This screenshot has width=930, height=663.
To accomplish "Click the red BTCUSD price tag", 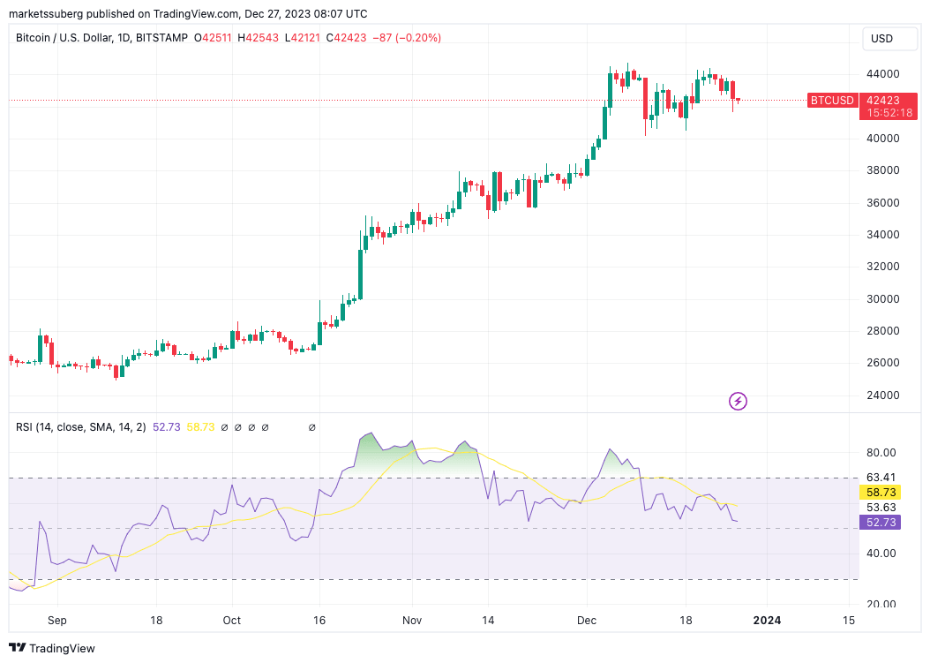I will [x=832, y=101].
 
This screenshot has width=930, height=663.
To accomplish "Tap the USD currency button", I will [x=882, y=39].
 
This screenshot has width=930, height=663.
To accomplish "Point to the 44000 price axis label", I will [x=881, y=74].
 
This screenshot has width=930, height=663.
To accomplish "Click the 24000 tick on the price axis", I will [x=881, y=395].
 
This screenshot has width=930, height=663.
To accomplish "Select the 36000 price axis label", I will [x=881, y=202].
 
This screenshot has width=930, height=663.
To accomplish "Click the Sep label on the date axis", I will [x=56, y=621].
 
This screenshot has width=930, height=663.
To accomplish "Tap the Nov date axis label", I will [x=412, y=621].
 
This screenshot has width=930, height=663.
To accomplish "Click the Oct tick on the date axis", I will [x=232, y=621].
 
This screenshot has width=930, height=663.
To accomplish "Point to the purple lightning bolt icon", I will [x=739, y=402].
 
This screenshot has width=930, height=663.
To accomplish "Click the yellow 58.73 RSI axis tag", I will [x=881, y=492].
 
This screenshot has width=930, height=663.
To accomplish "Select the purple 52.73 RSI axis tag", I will [x=881, y=523].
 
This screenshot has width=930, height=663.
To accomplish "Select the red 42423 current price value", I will [x=882, y=101].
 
